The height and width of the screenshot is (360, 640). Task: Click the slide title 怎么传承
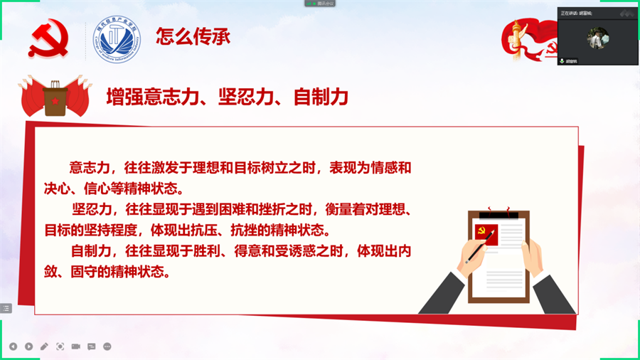193,36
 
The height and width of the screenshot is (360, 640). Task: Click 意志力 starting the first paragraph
88,169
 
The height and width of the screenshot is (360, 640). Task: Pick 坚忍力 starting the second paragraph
90,210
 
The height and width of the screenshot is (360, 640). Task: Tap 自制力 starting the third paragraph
88,251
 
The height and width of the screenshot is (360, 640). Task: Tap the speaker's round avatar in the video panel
596,39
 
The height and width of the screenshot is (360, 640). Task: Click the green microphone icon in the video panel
562,61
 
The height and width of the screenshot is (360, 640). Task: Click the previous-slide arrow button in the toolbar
13,346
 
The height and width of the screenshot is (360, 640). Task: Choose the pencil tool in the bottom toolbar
44,346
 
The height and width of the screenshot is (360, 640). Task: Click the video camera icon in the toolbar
75,346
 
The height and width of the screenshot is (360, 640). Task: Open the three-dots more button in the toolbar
107,346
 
